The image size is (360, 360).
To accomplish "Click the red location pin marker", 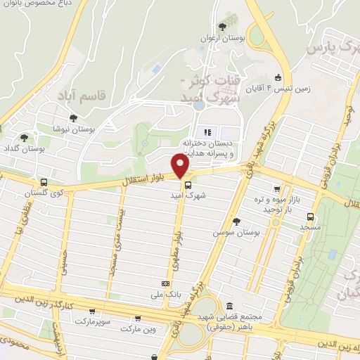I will [181, 165].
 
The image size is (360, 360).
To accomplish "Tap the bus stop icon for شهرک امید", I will [188, 186].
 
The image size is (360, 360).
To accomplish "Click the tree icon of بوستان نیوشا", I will [72, 119].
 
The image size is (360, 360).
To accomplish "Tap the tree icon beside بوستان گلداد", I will [25, 138].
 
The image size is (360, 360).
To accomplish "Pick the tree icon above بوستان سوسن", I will [236, 221].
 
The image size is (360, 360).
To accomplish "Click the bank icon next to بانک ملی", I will [166, 283].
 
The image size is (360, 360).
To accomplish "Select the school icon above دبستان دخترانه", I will [207, 132].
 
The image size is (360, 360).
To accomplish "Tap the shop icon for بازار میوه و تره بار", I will [277, 189].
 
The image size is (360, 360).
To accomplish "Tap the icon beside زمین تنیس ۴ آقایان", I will [278, 77].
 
